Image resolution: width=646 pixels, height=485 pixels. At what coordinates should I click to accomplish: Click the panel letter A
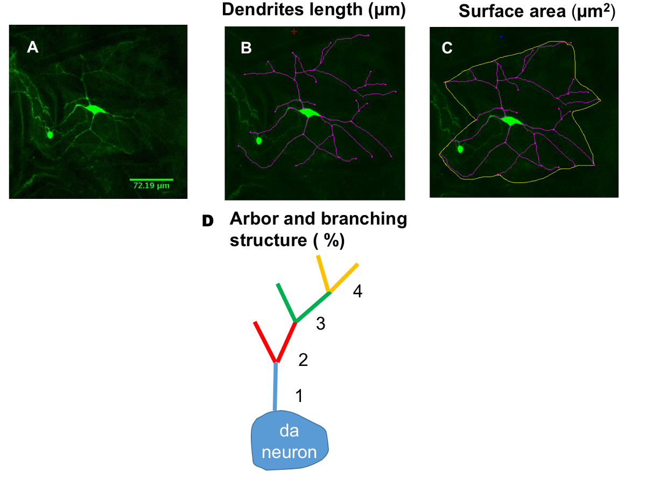point(33,48)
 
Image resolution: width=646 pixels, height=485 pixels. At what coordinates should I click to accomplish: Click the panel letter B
point(246,48)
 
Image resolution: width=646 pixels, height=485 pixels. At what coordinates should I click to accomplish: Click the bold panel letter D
point(207,221)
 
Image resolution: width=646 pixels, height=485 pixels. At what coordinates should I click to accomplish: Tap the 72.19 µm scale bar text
point(151,186)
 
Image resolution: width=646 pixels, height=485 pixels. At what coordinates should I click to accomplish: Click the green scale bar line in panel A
point(151,179)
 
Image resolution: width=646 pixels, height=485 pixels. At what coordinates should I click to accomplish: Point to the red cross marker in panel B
point(294,31)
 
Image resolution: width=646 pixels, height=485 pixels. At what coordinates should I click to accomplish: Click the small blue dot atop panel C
point(501,37)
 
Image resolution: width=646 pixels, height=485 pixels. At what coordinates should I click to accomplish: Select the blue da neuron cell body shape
point(290,439)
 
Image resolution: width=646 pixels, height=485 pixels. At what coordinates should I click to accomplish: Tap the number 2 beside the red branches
point(303,360)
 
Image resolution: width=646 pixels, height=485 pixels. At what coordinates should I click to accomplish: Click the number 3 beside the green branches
point(320,324)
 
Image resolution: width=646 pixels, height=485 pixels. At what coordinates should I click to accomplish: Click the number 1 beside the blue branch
point(299,396)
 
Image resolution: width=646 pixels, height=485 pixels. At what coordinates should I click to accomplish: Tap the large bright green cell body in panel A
point(95,109)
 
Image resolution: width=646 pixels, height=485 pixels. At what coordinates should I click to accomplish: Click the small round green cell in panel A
point(50,134)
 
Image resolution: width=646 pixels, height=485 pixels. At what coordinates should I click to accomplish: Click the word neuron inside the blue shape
point(289,452)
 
